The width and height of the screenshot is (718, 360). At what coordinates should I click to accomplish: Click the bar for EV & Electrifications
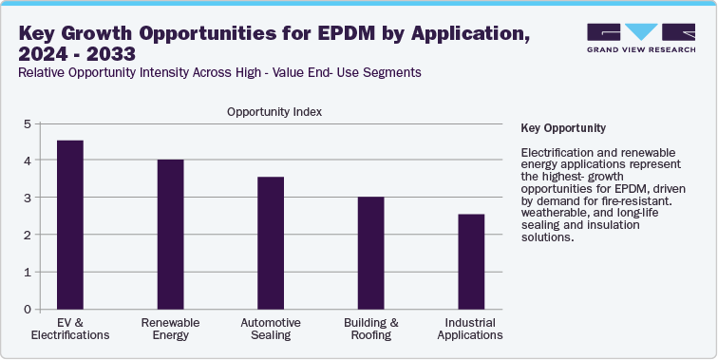tap(70, 224)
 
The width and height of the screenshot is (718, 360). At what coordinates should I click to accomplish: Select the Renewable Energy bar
tap(170, 234)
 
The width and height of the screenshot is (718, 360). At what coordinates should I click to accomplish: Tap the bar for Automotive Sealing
tap(271, 242)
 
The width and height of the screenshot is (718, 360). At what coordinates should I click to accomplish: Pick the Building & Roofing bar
tap(370, 253)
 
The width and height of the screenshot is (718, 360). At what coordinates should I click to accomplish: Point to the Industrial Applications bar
tap(471, 261)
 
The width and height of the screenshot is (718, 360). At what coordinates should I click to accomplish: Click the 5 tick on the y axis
tap(28, 123)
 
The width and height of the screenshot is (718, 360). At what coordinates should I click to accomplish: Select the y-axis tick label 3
tap(28, 198)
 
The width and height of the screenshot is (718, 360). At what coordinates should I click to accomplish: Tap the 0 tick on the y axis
tap(28, 309)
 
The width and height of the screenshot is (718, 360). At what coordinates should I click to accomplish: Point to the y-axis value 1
tap(28, 272)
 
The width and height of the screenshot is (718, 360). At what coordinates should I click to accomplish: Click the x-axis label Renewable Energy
tap(170, 329)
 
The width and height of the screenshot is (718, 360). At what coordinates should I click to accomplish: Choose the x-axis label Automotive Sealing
tap(271, 329)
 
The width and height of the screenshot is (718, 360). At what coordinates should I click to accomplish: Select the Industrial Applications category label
tap(471, 329)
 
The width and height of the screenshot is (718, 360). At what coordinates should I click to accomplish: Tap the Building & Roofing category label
tap(370, 329)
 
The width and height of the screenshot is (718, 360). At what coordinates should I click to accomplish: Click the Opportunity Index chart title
tap(274, 111)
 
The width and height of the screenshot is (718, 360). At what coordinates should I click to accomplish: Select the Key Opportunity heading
tap(564, 127)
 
